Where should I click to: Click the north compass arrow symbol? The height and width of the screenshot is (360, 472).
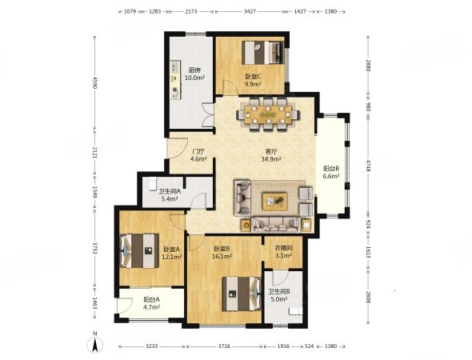95,343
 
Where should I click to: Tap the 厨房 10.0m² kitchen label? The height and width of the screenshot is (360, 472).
194,74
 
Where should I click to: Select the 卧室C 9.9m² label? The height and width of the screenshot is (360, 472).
253,80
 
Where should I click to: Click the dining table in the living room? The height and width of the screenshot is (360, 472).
268,114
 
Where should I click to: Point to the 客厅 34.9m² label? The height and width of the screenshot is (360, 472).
271,155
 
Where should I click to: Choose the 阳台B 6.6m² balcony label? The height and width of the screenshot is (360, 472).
331,173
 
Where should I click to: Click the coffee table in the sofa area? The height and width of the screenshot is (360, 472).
275,202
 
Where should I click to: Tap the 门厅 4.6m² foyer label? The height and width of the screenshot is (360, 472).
198,155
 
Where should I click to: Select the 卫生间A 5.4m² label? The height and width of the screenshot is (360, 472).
170,195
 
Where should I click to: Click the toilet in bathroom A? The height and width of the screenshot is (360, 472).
153,183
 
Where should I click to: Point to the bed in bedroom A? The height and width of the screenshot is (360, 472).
139,251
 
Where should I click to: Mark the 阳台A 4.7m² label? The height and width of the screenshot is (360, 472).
151,303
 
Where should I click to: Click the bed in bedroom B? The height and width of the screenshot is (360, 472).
242,294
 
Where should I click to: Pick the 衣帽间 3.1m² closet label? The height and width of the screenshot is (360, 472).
283,252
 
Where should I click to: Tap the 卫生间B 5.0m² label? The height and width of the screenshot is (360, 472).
279,295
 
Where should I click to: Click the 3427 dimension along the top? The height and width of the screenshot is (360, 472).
250,11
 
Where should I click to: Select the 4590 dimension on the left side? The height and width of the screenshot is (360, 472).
95,82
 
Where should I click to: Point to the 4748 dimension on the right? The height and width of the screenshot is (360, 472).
367,166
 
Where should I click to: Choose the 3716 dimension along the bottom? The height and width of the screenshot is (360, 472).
224,346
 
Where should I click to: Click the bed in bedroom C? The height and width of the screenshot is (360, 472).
263,53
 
